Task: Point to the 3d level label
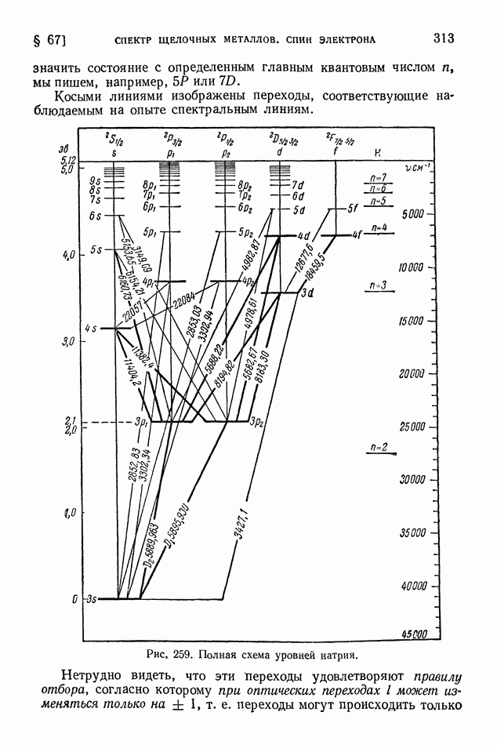[307, 293]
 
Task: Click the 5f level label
[354, 209]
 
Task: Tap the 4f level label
[357, 234]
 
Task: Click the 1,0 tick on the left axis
[71, 513]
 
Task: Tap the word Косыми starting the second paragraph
[79, 96]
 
